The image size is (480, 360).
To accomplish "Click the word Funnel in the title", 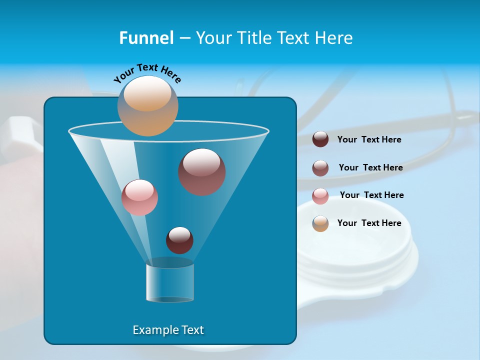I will click(x=146, y=38).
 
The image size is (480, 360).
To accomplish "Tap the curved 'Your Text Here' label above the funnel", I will click(x=147, y=73).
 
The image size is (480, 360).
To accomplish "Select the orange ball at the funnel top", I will click(x=148, y=106).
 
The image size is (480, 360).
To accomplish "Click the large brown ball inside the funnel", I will click(x=202, y=172).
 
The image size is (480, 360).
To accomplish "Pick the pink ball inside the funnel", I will click(x=139, y=197).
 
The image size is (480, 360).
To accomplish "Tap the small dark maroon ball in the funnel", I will click(x=179, y=240).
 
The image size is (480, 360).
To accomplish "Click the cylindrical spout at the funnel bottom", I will click(x=170, y=282).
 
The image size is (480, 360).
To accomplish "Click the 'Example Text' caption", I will click(x=168, y=330).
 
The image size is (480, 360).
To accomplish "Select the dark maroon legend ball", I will click(x=320, y=139).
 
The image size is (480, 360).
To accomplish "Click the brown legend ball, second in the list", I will click(x=320, y=168).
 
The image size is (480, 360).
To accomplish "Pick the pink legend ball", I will click(x=320, y=196).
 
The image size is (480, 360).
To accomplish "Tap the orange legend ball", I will click(x=320, y=223).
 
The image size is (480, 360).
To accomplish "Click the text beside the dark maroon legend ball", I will click(x=369, y=140).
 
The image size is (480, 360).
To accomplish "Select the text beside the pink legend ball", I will click(x=371, y=195).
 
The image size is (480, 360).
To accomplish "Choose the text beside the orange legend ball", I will click(x=369, y=223).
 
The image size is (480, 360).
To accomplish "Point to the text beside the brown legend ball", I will click(x=370, y=168).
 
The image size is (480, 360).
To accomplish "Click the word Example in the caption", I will click(x=150, y=330).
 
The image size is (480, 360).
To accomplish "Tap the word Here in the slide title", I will click(x=333, y=38).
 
